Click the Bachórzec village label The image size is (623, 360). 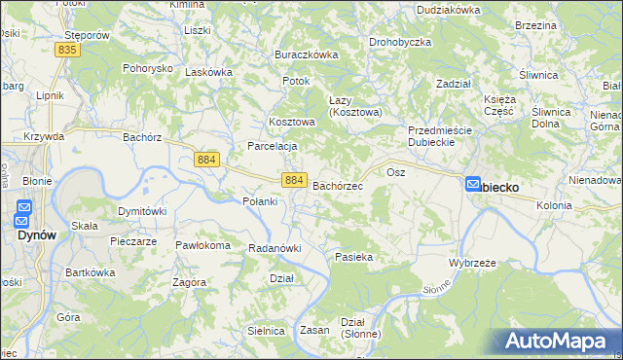(338, 185)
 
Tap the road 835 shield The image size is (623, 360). (67, 49)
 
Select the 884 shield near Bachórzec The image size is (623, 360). (295, 180)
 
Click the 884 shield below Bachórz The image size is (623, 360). (206, 159)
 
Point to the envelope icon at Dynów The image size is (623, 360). (24, 208)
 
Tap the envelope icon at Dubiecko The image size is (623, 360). (473, 184)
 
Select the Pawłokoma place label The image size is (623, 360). (202, 245)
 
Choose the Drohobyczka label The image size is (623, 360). (400, 43)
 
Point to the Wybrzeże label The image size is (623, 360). (473, 264)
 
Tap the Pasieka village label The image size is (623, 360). (354, 257)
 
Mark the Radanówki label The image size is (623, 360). (273, 248)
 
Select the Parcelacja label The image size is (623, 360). (272, 146)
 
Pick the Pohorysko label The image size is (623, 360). (147, 69)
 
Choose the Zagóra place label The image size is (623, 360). (189, 282)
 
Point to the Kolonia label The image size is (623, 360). (554, 205)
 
